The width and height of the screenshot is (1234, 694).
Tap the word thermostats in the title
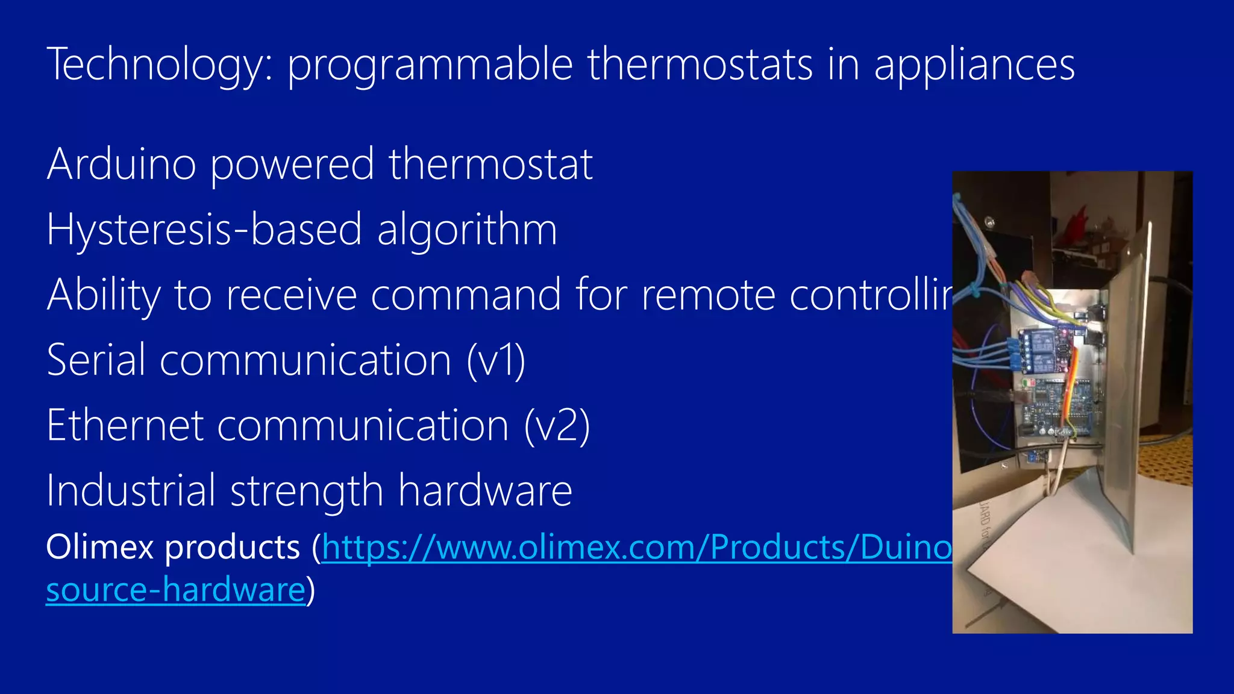click(x=700, y=65)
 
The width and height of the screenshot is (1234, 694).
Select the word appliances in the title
click(x=974, y=65)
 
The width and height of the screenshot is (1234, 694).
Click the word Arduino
click(x=121, y=164)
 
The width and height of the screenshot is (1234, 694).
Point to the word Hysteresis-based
click(x=204, y=230)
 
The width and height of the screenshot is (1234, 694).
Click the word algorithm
click(x=467, y=230)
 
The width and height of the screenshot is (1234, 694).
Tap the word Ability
click(x=104, y=295)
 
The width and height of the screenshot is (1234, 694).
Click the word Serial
click(x=96, y=360)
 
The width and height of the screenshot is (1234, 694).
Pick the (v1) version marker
click(x=496, y=361)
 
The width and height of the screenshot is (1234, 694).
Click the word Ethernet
click(x=125, y=425)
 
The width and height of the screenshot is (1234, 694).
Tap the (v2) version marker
click(x=557, y=426)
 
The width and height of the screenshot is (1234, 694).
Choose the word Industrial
click(x=131, y=490)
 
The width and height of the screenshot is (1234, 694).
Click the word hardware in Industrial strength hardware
click(x=485, y=490)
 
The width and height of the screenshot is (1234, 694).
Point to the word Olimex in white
click(x=100, y=548)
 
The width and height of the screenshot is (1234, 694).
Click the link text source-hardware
click(x=175, y=589)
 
